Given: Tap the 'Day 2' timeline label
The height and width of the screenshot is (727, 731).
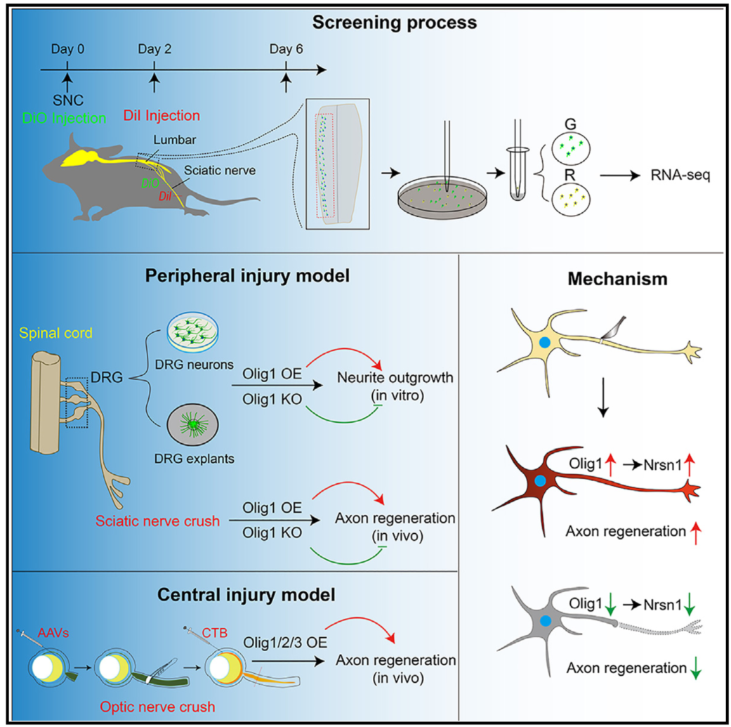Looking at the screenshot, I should [154, 51].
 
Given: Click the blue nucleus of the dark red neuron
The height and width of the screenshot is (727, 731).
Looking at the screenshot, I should [542, 480].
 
